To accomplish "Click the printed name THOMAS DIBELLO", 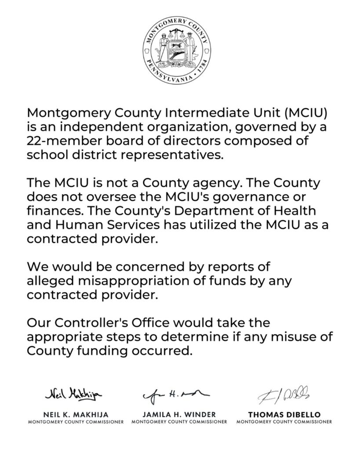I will (x=284, y=414).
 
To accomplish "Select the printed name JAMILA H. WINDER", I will (x=179, y=414).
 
